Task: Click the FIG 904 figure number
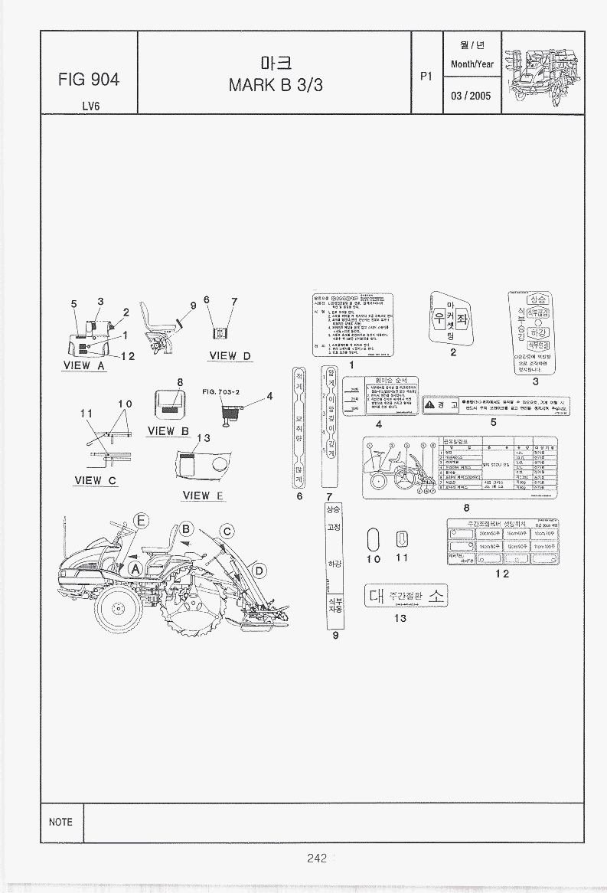pyautogui.click(x=88, y=80)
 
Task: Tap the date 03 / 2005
pyautogui.click(x=471, y=96)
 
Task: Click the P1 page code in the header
pyautogui.click(x=426, y=76)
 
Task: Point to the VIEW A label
pyautogui.click(x=84, y=365)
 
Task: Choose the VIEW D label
pyautogui.click(x=230, y=355)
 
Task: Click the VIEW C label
pyautogui.click(x=96, y=480)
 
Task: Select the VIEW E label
pyautogui.click(x=203, y=496)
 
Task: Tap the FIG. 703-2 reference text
pyautogui.click(x=221, y=391)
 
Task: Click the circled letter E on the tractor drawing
pyautogui.click(x=141, y=522)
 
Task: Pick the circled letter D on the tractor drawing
pyautogui.click(x=259, y=571)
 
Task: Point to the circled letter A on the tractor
pyautogui.click(x=135, y=568)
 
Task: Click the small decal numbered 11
pyautogui.click(x=401, y=539)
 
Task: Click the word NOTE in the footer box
pyautogui.click(x=60, y=822)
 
